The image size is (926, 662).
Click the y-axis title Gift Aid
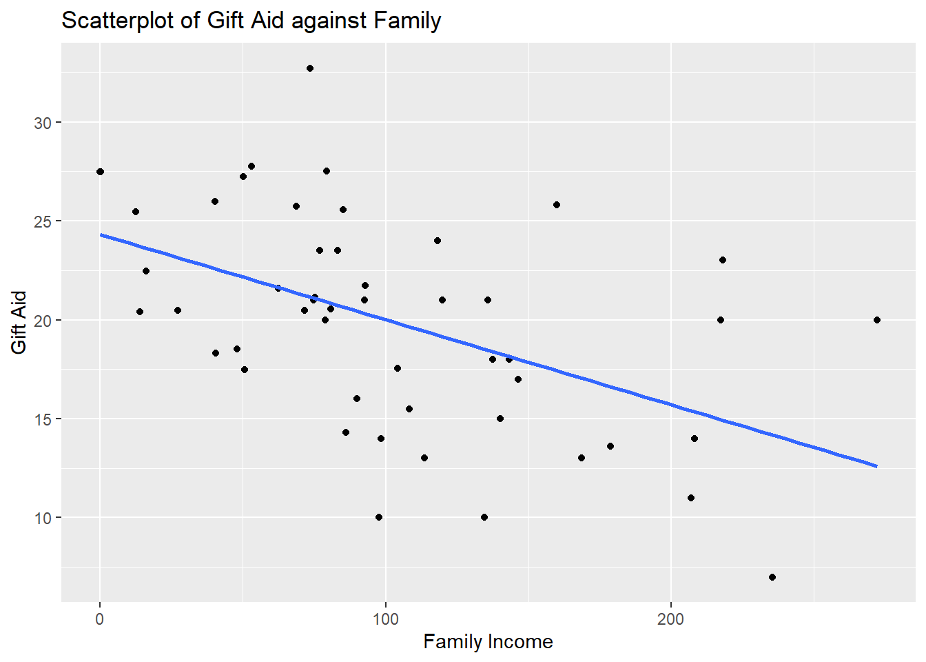19,322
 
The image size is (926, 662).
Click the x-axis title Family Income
488,641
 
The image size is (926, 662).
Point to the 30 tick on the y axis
43,123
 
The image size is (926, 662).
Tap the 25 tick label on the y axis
43,221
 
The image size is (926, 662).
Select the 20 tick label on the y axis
43,320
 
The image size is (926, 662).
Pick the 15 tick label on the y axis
43,419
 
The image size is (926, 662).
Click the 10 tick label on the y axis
43,518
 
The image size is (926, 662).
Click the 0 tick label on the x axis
100,619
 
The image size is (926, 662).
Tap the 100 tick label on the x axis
385,619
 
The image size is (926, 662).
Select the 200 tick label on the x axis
670,619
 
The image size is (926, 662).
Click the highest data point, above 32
310,68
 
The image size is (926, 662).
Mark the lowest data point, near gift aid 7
772,577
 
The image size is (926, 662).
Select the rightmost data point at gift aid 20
877,320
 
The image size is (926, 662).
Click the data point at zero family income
101,172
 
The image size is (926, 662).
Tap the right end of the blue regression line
876,466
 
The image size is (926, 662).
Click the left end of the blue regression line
101,235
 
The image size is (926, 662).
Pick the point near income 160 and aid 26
557,205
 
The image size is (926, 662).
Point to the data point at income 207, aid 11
691,498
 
